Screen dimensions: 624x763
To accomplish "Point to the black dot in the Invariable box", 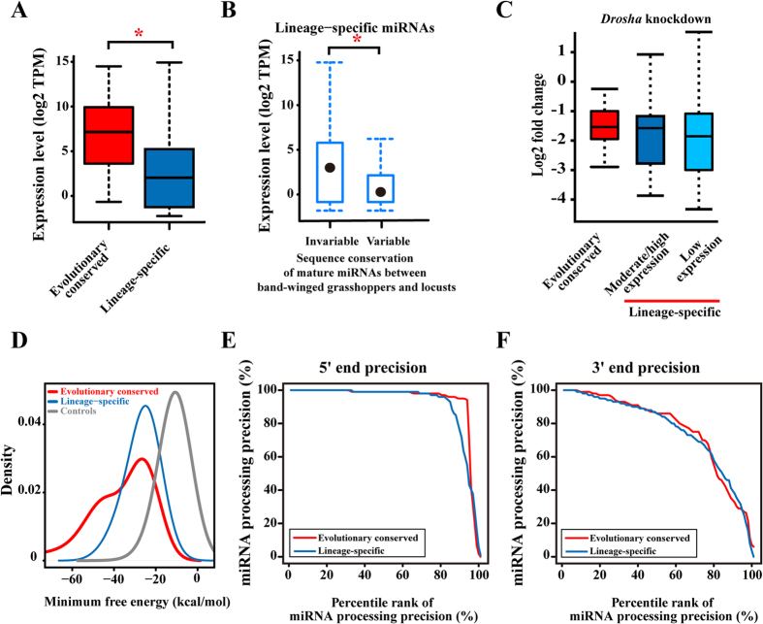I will pyautogui.click(x=330, y=167).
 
